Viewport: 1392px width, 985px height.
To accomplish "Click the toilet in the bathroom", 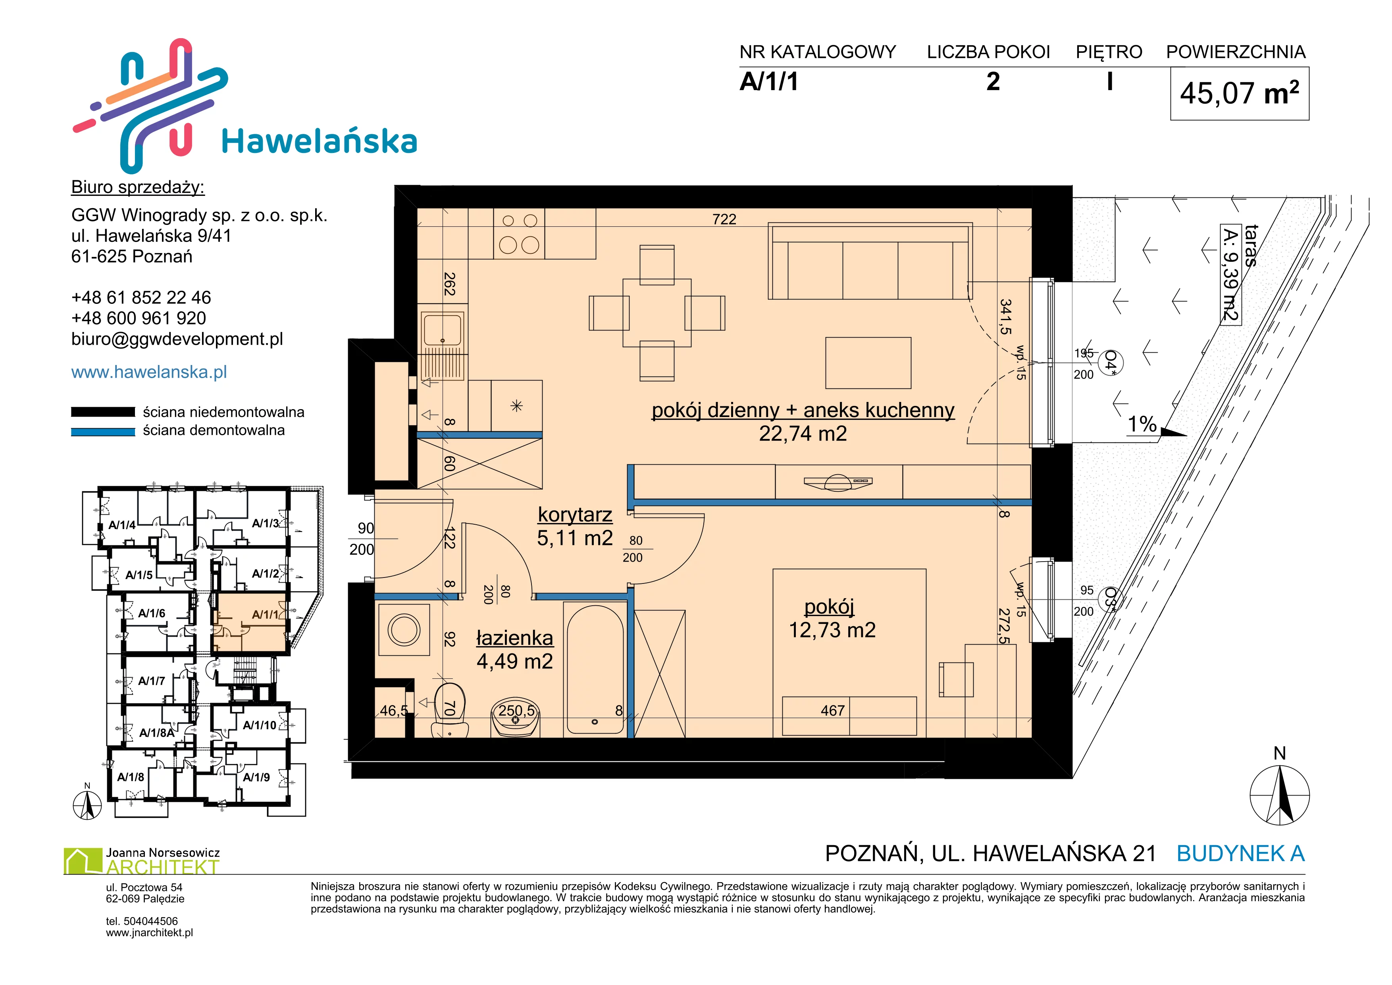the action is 449,710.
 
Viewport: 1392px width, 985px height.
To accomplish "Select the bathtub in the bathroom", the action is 594,670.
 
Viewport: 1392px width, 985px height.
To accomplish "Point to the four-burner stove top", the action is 519,234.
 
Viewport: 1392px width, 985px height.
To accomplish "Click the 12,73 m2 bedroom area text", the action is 832,630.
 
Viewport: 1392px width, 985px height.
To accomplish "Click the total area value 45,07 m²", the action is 1239,93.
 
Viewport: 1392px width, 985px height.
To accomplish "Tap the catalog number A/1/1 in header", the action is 769,81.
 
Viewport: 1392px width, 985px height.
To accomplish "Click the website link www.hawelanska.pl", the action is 149,372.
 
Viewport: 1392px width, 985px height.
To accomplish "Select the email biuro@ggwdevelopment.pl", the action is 177,339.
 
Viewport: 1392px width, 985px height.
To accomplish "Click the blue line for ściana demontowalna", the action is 103,432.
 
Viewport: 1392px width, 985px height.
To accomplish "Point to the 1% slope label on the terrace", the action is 1142,423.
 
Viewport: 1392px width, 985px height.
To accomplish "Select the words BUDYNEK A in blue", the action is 1240,854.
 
